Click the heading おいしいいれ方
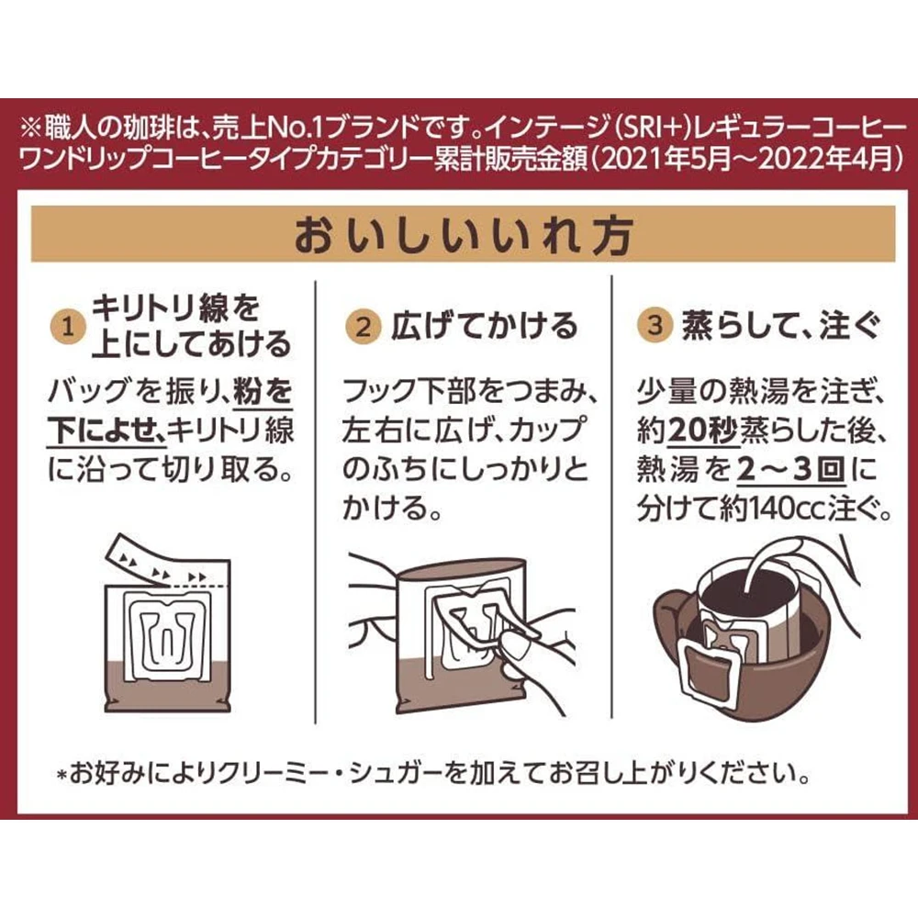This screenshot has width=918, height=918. point(463,235)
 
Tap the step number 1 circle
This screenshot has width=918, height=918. point(69,327)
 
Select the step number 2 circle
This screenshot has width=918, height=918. point(364,327)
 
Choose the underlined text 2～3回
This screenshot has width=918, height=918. point(790,470)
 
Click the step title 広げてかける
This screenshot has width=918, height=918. point(485,326)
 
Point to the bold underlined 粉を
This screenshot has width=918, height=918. point(263,392)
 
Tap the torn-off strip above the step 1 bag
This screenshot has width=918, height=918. point(157,561)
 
